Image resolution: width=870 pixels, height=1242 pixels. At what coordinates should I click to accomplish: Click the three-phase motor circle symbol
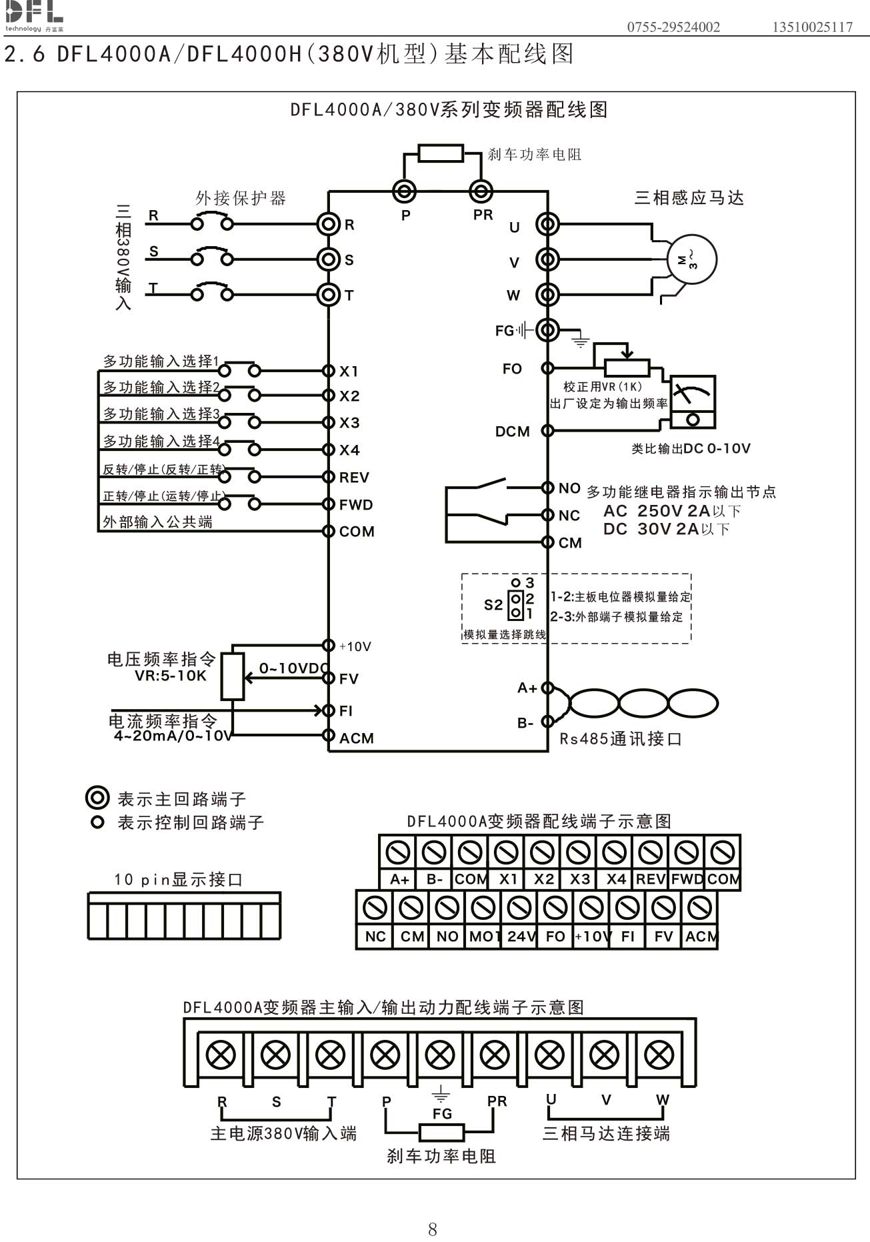click(x=692, y=260)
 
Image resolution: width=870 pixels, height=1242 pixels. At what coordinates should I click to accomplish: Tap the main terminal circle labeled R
click(x=328, y=223)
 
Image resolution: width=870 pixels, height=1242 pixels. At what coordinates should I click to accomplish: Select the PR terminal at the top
click(x=481, y=192)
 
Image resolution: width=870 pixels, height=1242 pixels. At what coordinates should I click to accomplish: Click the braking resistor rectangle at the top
click(x=441, y=153)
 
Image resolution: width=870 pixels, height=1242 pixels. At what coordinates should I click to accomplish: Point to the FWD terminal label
click(x=356, y=505)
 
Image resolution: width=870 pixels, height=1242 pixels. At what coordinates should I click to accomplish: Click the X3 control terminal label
click(x=349, y=423)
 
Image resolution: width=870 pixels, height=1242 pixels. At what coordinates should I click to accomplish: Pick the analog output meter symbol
click(x=693, y=402)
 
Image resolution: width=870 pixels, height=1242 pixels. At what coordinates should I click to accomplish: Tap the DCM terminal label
click(x=512, y=432)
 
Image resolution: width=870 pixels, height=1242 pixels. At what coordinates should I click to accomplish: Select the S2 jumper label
click(x=493, y=604)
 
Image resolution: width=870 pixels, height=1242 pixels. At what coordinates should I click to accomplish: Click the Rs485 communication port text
click(x=621, y=739)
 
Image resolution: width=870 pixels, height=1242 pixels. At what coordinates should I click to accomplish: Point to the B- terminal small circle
click(x=547, y=721)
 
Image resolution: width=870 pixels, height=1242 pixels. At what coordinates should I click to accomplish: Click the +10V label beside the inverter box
click(x=355, y=646)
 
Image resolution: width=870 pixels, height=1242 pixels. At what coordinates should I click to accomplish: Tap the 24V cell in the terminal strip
click(x=520, y=937)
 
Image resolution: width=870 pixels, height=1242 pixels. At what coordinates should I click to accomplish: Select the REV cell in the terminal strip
click(x=650, y=879)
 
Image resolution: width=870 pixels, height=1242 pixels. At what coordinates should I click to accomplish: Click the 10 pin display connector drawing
click(x=184, y=916)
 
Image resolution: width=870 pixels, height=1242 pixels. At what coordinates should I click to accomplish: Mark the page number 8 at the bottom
click(x=433, y=1229)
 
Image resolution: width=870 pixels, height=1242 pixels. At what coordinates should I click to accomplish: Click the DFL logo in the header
click(x=34, y=15)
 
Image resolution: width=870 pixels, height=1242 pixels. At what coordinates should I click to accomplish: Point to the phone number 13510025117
click(x=812, y=27)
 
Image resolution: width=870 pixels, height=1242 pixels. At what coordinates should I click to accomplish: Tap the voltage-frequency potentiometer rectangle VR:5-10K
click(x=232, y=676)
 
